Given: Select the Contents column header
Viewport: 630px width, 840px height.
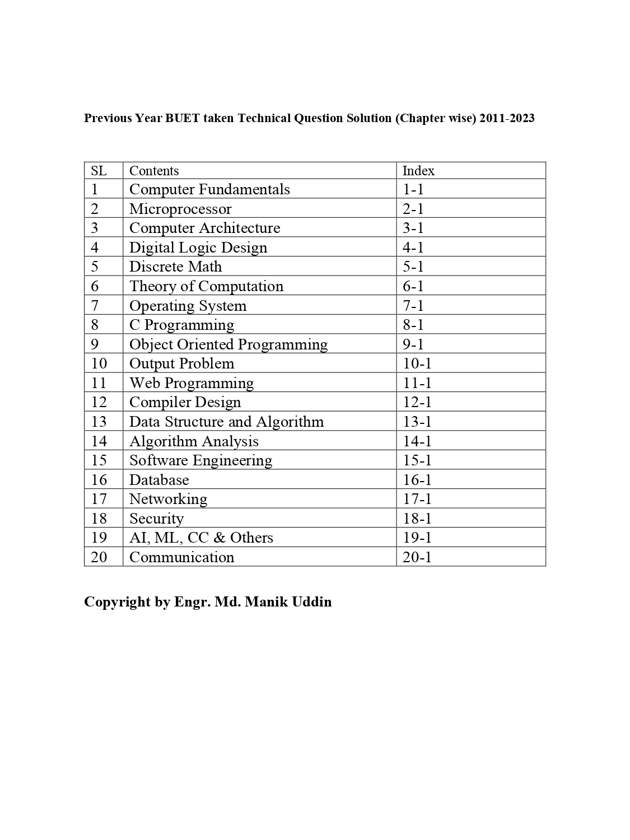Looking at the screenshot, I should click(x=154, y=171).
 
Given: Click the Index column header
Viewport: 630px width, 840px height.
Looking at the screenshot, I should click(x=418, y=171).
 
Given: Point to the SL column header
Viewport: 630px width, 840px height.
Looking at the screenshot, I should click(x=99, y=171).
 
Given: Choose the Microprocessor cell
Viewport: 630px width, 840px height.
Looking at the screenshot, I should click(x=180, y=209).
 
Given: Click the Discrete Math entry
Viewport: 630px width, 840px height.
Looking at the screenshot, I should click(x=175, y=267).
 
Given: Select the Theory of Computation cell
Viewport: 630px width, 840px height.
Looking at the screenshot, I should click(x=206, y=286).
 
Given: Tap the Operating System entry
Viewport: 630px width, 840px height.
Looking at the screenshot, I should click(x=188, y=306).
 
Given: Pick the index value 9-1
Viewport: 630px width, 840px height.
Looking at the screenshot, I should click(x=413, y=344).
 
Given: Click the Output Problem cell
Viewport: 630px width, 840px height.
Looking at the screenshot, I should click(x=181, y=363).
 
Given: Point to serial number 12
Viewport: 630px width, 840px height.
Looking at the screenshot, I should click(x=99, y=402).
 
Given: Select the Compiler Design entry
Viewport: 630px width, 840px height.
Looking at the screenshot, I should click(x=185, y=402).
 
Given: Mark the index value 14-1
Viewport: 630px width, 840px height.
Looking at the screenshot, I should click(x=417, y=441).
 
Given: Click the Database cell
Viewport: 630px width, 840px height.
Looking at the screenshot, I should click(x=159, y=480).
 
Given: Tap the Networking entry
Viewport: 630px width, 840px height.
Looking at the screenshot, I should click(x=168, y=499).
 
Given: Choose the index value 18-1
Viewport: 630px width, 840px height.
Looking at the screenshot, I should click(x=417, y=519).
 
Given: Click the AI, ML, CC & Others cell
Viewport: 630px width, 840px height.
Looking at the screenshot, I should click(x=201, y=538).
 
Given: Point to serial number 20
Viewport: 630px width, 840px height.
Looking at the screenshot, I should click(x=99, y=557).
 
